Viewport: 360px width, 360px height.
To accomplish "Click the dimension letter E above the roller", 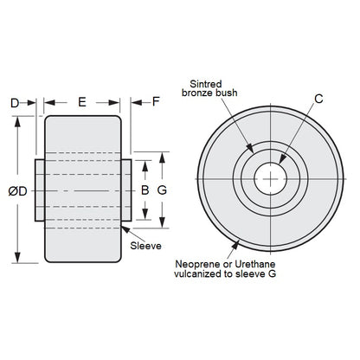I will (82, 102).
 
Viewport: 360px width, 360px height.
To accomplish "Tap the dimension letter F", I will (156, 102).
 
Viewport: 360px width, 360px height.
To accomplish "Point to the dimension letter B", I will (145, 189).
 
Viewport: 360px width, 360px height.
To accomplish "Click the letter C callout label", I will (319, 99).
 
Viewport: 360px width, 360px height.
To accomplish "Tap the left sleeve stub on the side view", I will (40, 189).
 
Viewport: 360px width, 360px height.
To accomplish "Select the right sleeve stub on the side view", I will (125, 189).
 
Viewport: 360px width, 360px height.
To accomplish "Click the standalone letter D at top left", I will (15, 102).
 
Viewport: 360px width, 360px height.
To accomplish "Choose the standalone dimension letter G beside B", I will (161, 189).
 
